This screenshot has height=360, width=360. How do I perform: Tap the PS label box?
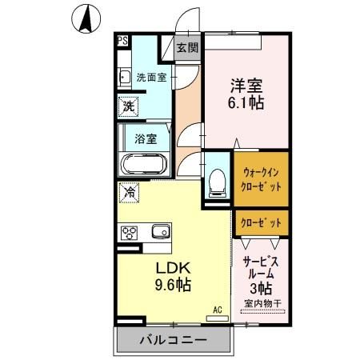click(122, 41)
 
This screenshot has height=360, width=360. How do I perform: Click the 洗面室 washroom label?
click(150, 78)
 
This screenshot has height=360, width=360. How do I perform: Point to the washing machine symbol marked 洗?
click(129, 105)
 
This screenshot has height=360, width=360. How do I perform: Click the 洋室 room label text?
click(245, 83)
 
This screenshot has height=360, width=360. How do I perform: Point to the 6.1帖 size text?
click(245, 103)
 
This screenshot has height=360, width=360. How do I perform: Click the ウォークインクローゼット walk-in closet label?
click(262, 177)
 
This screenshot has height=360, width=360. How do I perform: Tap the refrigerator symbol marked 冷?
click(128, 193)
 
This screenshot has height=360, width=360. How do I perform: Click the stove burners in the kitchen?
click(130, 232)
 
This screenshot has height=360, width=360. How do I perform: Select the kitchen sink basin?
click(161, 231)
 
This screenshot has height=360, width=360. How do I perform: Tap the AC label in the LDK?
click(217, 307)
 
